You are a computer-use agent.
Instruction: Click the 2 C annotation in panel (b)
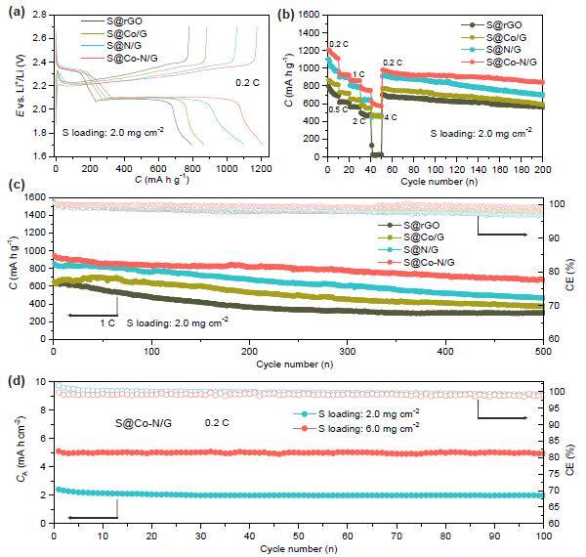tap(358, 121)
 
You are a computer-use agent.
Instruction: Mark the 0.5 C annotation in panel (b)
tap(339, 108)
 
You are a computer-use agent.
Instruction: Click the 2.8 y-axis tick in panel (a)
tap(36, 17)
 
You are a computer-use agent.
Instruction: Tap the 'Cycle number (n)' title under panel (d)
tap(297, 546)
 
